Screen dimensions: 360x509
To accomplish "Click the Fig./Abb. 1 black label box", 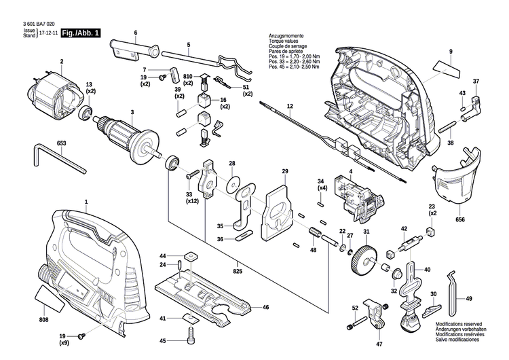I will point(79,33).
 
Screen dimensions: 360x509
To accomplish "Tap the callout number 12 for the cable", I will point(289,107).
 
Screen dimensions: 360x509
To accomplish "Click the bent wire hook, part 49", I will point(455,286).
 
